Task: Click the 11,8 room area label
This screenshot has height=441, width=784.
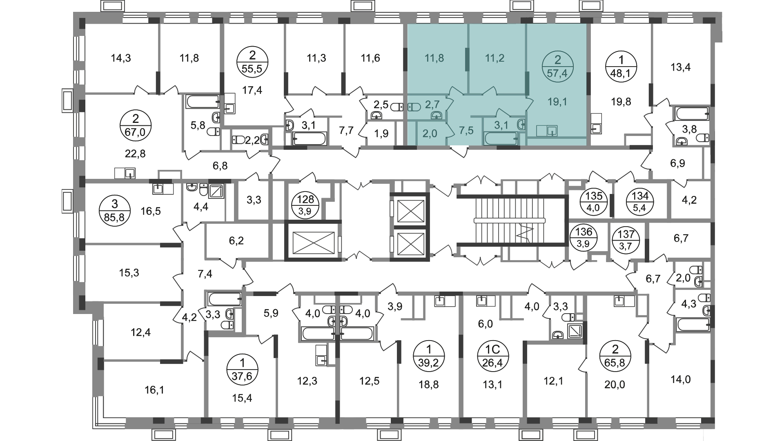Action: pos(434,58)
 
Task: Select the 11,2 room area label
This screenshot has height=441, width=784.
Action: pos(494,58)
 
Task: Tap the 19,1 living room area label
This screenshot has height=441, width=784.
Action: pos(557,102)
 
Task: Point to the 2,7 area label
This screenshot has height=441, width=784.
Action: pos(432,105)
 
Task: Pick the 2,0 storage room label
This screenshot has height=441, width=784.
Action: pos(430,134)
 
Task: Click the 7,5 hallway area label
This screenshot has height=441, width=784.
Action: pos(466,130)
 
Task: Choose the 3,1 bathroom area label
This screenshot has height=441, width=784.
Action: pos(501,125)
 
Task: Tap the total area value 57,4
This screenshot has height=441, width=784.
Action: pos(557,73)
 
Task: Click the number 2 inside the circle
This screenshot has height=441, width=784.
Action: pos(557,60)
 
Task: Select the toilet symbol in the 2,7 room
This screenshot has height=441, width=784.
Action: pos(414,107)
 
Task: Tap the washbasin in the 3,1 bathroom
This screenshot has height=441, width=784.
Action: pos(522,124)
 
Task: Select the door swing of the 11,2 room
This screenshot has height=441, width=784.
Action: pos(490,91)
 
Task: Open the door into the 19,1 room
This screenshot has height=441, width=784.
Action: pos(529,104)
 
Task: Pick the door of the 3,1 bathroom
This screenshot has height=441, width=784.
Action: pos(501,113)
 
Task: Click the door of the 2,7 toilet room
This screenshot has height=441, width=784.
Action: pos(450,104)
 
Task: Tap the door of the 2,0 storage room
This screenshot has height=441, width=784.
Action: pos(450,130)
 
